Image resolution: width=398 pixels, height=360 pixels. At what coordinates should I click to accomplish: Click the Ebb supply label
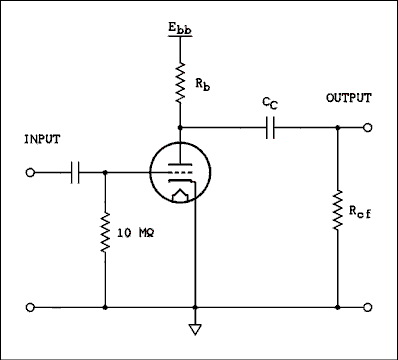pos(180,25)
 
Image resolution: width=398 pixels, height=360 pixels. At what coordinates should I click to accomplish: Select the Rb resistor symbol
pos(179,83)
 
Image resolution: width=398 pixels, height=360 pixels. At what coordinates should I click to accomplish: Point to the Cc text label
pos(268,103)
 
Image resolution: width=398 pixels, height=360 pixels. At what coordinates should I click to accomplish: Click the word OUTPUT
pos(348,98)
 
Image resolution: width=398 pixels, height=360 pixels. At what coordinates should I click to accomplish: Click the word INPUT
pos(42,140)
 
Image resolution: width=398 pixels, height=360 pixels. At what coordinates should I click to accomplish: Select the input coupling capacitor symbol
pos(77,172)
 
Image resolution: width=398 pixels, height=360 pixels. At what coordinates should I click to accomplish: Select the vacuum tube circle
pos(179,173)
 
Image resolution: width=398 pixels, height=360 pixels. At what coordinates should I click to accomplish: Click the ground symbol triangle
pos(195,327)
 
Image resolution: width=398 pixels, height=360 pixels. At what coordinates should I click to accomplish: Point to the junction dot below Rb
pos(179,128)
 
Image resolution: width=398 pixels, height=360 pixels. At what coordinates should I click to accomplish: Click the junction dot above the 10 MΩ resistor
pos(104,172)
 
